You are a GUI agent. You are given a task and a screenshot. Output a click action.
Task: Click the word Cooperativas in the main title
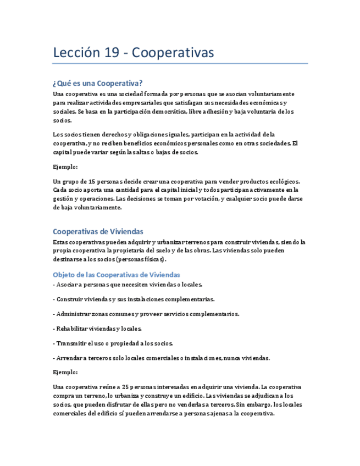pos(173,53)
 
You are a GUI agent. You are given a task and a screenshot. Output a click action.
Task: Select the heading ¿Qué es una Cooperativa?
pos(98,84)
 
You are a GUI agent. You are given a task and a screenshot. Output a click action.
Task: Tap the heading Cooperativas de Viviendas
pos(98,232)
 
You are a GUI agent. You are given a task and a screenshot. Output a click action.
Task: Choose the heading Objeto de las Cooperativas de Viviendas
pos(117,274)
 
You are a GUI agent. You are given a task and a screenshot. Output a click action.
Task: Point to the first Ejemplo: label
pos(65,167)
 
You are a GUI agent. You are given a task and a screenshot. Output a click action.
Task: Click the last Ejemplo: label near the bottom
pos(65,372)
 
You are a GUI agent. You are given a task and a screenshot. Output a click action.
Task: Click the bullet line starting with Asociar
pos(129,285)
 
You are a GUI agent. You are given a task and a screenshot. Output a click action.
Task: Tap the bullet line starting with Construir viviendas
pos(134,299)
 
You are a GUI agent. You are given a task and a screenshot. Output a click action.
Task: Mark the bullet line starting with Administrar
pos(146,314)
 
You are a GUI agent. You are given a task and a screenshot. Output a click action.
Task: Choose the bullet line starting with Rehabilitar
pos(98,329)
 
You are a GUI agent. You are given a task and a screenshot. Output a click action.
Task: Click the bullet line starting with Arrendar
pos(162,358)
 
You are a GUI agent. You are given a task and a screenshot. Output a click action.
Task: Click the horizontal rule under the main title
pos(180,64)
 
